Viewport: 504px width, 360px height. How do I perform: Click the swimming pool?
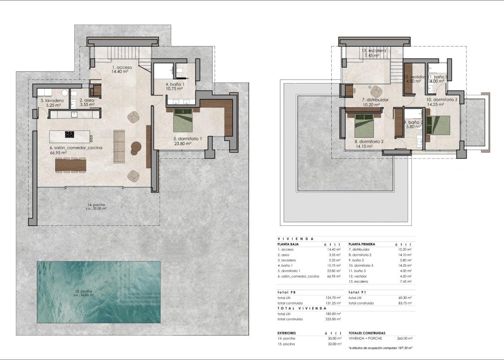point(98,292)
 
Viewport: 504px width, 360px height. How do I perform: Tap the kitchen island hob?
point(69,134)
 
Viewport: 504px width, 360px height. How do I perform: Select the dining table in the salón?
point(70,164)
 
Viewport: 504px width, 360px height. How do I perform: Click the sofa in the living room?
point(119,146)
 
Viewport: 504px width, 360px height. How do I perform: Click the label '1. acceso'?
point(121,67)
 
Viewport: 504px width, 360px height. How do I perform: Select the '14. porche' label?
point(96,205)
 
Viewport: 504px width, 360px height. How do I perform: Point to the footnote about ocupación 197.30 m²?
point(380,348)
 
